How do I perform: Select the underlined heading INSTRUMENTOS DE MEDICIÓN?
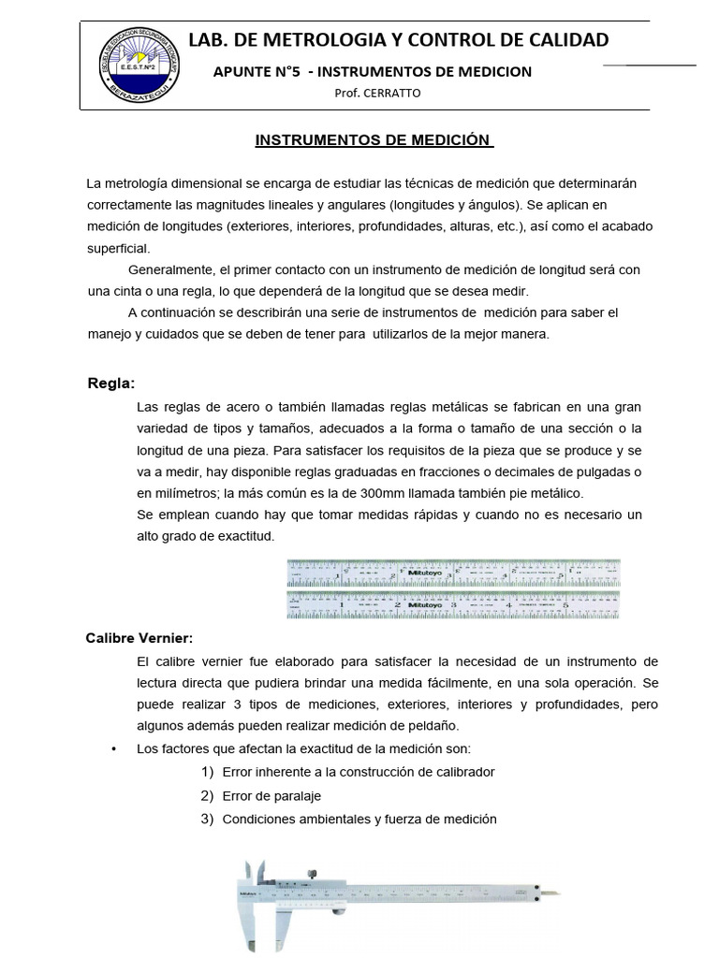(x=374, y=140)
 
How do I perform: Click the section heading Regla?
(x=110, y=383)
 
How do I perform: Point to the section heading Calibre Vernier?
(x=139, y=638)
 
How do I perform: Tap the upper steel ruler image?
(x=453, y=571)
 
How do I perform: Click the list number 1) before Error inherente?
(x=208, y=772)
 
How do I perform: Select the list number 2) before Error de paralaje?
(x=208, y=795)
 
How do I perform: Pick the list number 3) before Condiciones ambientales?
(x=208, y=819)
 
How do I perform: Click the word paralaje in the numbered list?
(x=297, y=796)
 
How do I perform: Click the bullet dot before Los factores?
(x=113, y=749)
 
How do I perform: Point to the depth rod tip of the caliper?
(x=558, y=893)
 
